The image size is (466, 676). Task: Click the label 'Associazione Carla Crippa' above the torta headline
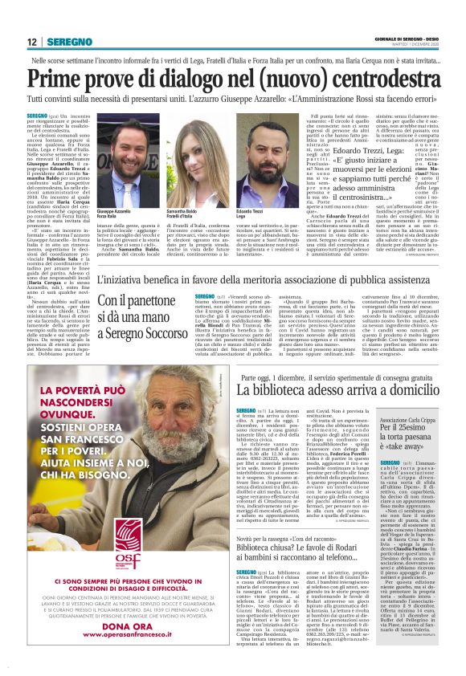coord(412,420)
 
